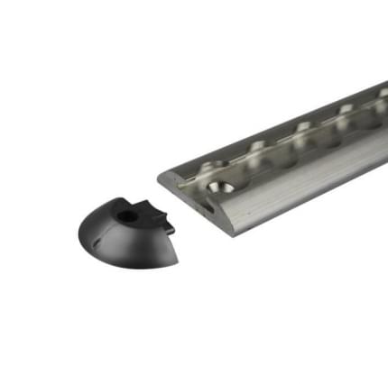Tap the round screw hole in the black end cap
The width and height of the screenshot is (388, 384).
click(127, 216)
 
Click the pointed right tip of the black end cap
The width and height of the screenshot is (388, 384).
click(176, 262)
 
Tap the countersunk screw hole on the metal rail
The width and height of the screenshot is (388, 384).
click(219, 187)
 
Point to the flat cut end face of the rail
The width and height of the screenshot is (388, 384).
click(199, 204)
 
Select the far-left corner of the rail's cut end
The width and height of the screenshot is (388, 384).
click(160, 178)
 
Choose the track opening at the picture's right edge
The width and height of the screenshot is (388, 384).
click(379, 93)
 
